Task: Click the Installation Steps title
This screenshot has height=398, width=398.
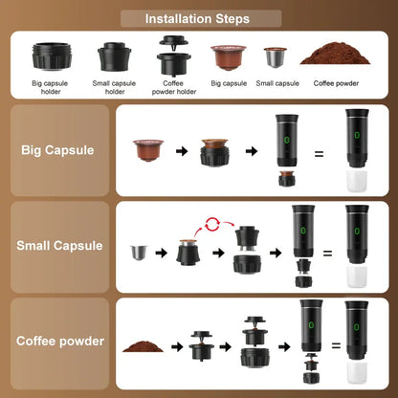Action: pos(197,18)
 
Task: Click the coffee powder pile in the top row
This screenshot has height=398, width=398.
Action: pos(331,55)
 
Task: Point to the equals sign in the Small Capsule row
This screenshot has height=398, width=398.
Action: pos(327,254)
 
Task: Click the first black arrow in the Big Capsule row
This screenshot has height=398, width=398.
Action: pos(178,150)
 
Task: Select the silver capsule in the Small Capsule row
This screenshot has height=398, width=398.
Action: pos(139,254)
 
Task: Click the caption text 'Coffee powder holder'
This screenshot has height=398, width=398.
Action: pos(173,87)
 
